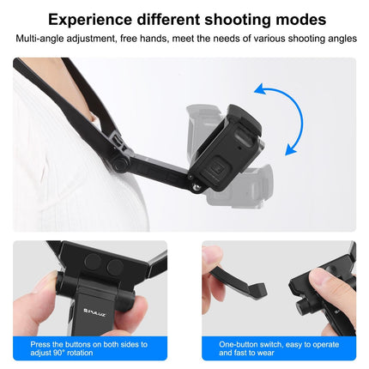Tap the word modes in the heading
pyautogui.click(x=296, y=19)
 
